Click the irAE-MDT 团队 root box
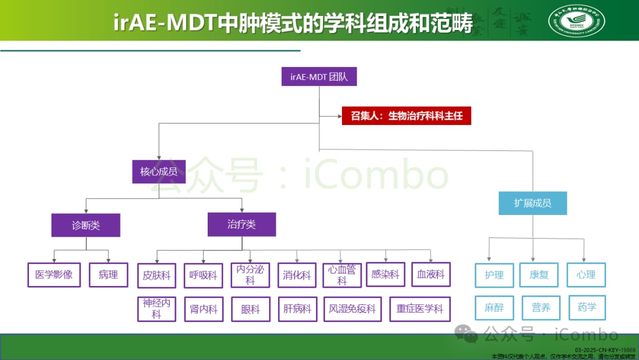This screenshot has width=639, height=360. point(319,77)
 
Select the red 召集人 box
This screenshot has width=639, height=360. point(406,115)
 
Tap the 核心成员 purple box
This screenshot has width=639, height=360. point(155,171)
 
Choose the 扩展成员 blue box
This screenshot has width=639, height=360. point(532,203)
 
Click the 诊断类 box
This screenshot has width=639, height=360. point(86,226)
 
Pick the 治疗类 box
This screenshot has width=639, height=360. point(241,224)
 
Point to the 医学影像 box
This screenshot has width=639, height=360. point(54,275)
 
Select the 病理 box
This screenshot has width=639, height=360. point(109,275)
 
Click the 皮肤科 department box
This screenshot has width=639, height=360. point(157,275)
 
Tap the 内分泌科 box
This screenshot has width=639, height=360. point(250,275)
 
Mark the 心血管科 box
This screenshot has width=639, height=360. point(342,275)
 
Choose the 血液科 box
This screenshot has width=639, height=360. point(431,275)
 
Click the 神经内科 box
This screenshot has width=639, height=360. point(157,308)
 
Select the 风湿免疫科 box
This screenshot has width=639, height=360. point(353,309)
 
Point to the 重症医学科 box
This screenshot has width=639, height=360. point(420,309)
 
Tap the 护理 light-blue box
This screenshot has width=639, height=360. point(494,275)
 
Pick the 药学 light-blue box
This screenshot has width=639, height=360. point(587,307)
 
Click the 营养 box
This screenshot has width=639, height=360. point(541,308)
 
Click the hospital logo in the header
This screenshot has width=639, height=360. point(576,21)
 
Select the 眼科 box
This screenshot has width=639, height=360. point(250,309)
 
